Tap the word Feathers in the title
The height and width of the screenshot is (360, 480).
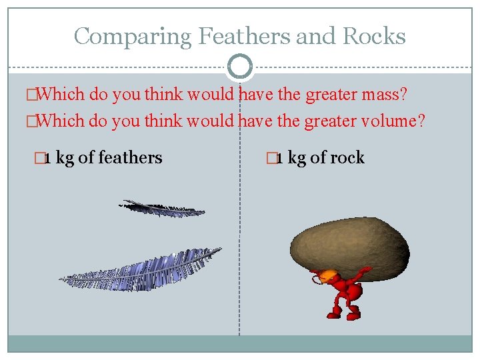point(231,36)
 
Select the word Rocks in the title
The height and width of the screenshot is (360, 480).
point(375,36)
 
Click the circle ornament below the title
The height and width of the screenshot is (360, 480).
point(240,67)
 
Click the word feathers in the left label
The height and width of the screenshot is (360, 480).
point(130,158)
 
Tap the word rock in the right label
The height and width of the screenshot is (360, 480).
point(347,158)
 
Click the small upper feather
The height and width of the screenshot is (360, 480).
point(161,208)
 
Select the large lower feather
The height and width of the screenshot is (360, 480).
point(140,270)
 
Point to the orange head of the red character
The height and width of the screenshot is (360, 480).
point(328,275)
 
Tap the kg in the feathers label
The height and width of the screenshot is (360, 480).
point(65,158)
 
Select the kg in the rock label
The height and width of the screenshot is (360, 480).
point(297,158)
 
